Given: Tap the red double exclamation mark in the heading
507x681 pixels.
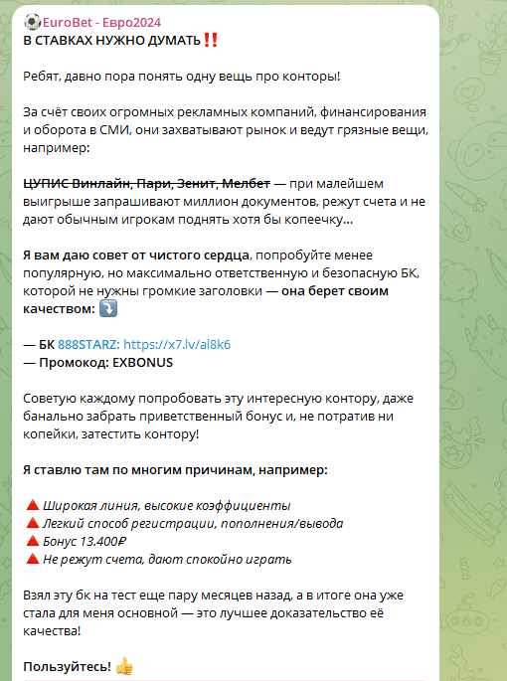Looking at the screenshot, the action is [210, 41].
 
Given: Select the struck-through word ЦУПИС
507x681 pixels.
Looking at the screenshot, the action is [46, 184].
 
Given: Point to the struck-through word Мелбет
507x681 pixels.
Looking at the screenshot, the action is [245, 184].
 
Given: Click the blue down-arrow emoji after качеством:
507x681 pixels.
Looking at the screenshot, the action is [108, 308].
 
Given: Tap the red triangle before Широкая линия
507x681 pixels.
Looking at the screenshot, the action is [31, 505].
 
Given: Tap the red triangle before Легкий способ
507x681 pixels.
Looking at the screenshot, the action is [31, 523].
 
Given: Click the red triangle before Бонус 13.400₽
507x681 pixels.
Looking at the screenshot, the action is [31, 541].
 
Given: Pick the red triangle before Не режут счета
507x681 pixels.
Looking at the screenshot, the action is [31, 559].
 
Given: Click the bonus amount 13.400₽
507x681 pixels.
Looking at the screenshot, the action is [105, 542].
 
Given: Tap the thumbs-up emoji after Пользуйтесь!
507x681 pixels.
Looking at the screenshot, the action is [124, 666].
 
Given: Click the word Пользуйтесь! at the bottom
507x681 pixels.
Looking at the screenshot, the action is [67, 666].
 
